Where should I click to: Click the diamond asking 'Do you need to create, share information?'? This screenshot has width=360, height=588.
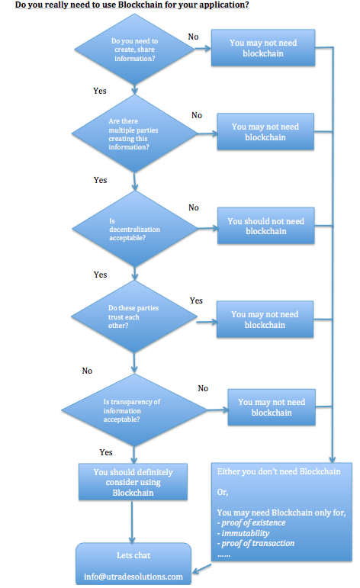click(134, 50)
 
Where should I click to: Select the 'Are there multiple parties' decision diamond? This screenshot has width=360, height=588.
click(134, 133)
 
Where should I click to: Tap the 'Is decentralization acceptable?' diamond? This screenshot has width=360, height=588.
click(134, 229)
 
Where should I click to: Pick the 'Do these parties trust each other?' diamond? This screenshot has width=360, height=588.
click(134, 316)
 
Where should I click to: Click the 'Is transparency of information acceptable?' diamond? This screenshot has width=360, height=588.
click(134, 410)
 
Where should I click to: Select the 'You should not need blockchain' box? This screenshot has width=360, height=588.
click(266, 226)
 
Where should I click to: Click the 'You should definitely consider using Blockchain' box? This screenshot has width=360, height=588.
click(133, 482)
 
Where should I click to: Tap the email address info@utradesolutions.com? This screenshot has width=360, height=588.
click(133, 577)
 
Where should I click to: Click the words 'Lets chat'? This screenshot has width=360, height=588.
click(133, 555)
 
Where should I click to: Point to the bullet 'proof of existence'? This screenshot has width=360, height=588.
click(251, 522)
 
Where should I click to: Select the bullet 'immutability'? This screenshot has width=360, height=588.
click(243, 533)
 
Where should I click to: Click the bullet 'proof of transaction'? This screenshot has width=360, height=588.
click(256, 543)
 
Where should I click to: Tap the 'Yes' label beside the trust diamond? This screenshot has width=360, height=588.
click(196, 300)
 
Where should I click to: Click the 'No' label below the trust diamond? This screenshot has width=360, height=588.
click(87, 371)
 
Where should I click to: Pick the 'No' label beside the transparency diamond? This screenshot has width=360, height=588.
click(203, 388)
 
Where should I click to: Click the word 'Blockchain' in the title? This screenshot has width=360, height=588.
click(139, 5)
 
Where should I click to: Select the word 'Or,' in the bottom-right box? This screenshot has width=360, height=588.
click(223, 492)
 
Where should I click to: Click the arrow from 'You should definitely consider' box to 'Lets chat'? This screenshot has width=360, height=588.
click(132, 522)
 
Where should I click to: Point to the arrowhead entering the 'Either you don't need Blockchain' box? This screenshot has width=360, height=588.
click(333, 459)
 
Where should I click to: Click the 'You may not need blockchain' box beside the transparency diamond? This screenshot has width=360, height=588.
click(272, 407)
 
